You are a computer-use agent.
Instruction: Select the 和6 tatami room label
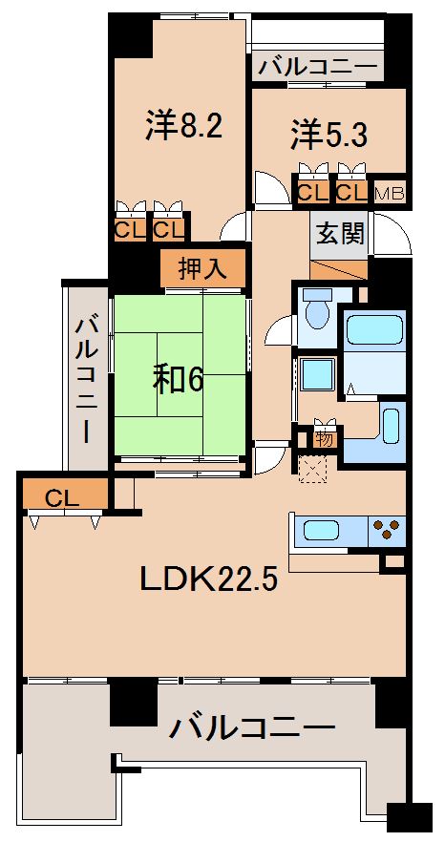click(x=180, y=379)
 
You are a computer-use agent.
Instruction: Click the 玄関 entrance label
click(x=339, y=233)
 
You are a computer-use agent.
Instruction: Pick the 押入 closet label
click(x=202, y=268)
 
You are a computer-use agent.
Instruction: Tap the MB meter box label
click(x=390, y=193)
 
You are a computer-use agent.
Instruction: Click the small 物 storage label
click(x=325, y=438)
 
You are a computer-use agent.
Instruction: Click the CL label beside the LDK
click(x=61, y=497)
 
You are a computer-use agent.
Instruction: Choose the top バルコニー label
click(x=319, y=67)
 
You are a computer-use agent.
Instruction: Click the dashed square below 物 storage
click(x=312, y=469)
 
